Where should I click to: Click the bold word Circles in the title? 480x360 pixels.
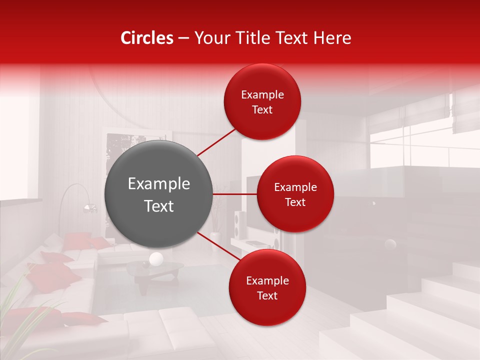[x=147, y=38]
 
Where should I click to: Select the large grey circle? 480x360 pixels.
[x=159, y=194]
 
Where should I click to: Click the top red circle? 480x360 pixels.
[x=262, y=101]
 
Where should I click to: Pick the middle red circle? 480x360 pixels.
[x=295, y=194]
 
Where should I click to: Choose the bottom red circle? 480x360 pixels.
[x=267, y=287]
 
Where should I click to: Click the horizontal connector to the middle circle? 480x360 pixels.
[x=235, y=194]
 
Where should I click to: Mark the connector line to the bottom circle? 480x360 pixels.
[x=215, y=245]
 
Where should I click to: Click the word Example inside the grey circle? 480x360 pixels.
[x=159, y=184]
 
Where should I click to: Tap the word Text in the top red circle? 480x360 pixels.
[x=262, y=109]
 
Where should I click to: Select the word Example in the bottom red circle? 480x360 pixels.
[x=267, y=280]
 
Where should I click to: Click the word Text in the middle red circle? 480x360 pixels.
[x=295, y=202]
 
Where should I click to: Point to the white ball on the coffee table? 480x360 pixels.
[x=156, y=258]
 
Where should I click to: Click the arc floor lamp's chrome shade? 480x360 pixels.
[x=89, y=208]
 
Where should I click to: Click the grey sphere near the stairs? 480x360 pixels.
[x=390, y=244]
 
